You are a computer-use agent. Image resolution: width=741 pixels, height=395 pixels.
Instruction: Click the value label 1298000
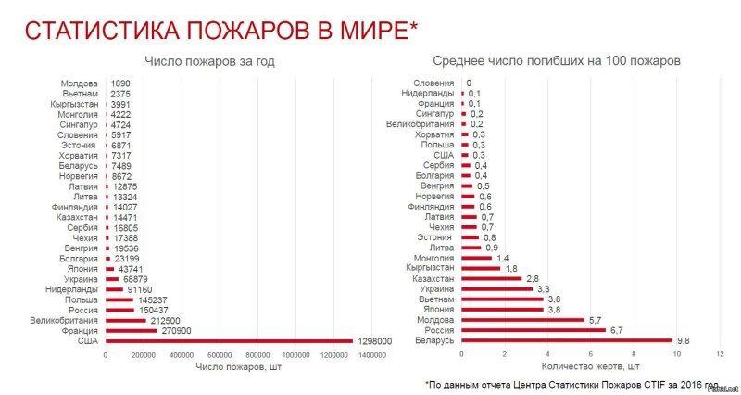(x=375, y=340)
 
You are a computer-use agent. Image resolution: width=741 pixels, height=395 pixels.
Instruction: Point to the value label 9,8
(x=684, y=340)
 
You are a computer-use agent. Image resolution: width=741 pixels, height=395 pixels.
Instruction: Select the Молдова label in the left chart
(x=80, y=83)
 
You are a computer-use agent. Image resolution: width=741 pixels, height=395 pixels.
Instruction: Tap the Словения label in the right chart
(x=433, y=83)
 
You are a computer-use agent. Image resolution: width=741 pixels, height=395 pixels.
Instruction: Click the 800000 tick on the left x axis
(x=257, y=355)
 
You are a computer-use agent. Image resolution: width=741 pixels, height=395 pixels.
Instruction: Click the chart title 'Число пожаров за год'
(x=209, y=61)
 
